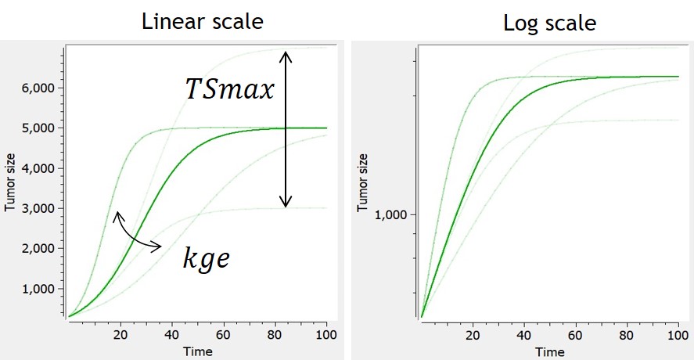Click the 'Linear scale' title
202,21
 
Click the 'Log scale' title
550,23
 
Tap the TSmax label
229,89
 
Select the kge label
206,258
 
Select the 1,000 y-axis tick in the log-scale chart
394,215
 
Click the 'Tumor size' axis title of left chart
12,182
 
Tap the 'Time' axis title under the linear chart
197,351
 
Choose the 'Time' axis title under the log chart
549,351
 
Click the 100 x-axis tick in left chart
325,335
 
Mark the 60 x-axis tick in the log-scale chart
575,335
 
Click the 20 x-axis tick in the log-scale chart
473,335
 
